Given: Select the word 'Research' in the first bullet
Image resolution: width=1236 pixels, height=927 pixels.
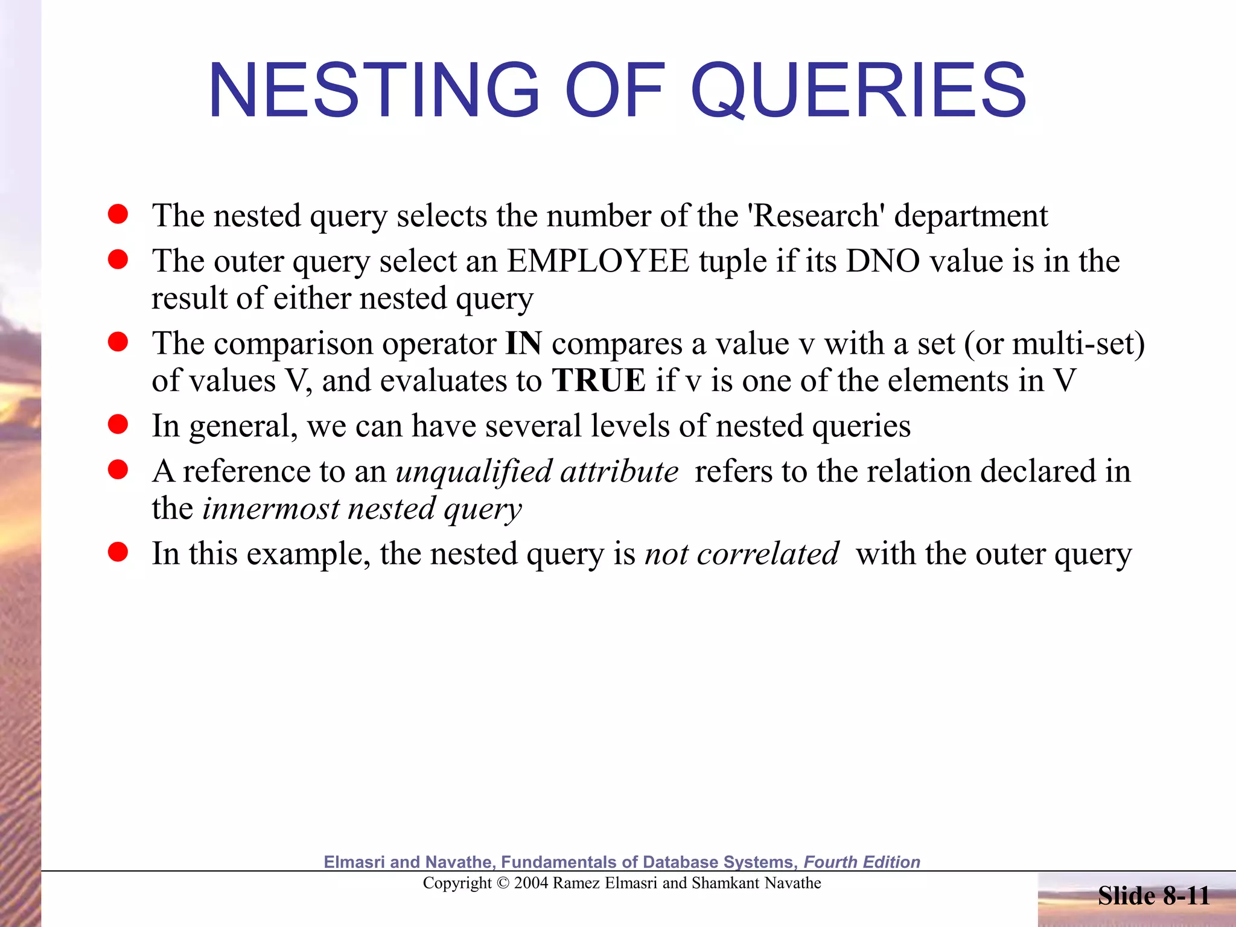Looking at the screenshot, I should pos(816,215).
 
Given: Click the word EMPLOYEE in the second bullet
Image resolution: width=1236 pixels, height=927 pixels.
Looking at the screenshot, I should pos(597,261).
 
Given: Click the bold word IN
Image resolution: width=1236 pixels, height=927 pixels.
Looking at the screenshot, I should pos(523,343).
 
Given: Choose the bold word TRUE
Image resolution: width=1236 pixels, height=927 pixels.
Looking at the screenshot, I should pos(599,381).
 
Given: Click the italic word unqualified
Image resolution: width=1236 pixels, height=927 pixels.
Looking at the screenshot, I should pos(474,471).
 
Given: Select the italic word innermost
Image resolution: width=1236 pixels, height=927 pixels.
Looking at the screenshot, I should pos(270,508).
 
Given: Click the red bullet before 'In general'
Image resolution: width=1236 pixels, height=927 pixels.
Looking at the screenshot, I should pos(118,424).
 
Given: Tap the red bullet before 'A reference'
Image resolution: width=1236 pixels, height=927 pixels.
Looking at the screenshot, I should pos(118,470).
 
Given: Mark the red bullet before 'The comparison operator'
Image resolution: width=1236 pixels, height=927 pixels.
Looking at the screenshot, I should pos(118,342).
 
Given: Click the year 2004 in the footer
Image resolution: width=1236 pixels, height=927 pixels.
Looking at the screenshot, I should pos(531,883).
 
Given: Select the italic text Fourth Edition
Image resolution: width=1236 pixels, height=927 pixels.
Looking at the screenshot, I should pos(862,862).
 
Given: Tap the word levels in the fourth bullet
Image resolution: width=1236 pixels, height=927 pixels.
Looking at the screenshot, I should pos(631,426).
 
